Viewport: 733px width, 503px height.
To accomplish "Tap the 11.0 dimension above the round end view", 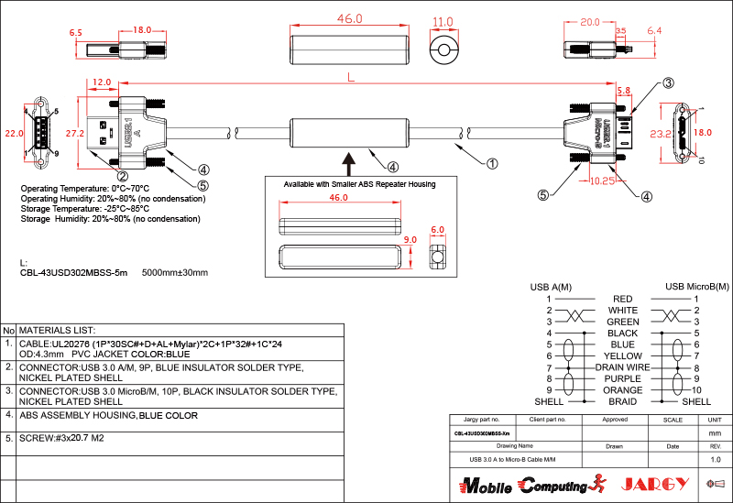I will coord(443,22).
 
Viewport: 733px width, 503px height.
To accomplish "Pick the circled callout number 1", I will coord(492,165).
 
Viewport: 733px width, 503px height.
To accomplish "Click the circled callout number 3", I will coord(668,83).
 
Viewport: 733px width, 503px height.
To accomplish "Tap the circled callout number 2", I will coord(122,176).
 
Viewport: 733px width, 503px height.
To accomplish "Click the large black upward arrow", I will coord(348,161).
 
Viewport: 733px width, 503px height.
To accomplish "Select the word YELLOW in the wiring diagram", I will coord(623,355).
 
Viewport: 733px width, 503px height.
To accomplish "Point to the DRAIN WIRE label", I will coord(622,366).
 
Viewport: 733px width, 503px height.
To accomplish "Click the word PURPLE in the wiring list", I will coord(623,378).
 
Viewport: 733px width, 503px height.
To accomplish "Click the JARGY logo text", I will coord(651,483).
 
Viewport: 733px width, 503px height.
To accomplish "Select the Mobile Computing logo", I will coord(527,484).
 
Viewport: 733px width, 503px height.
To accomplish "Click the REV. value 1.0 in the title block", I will coord(716,459).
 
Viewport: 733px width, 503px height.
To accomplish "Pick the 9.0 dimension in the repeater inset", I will coord(410,240).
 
